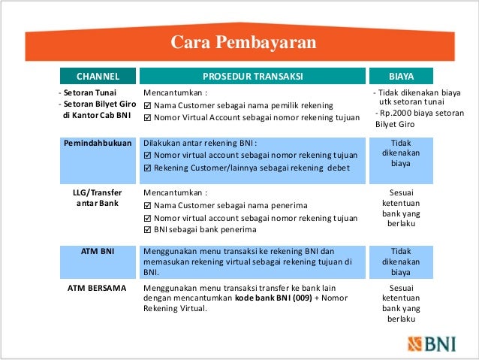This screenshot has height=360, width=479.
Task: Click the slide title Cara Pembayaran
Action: [x=243, y=41]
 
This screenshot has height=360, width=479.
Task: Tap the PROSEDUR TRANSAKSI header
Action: [x=252, y=76]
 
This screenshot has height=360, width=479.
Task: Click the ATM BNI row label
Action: [x=98, y=251]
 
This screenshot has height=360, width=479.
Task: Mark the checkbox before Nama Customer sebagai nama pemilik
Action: [x=147, y=105]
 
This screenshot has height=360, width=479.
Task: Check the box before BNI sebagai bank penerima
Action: [x=147, y=229]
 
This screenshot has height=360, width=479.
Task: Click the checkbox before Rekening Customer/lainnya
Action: [x=147, y=168]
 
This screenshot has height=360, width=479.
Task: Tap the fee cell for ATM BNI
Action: [x=401, y=262]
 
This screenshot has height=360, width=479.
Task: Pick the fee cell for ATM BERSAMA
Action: [x=401, y=303]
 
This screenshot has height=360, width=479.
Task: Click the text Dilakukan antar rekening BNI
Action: [x=200, y=143]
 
